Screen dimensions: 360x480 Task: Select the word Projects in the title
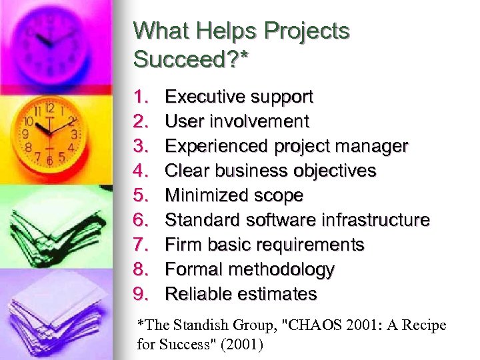coord(307,31)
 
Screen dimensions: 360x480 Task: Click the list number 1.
coord(141,97)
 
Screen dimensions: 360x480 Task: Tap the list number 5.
coord(141,196)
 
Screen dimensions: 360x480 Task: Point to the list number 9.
coord(141,294)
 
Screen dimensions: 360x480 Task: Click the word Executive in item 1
coord(203,97)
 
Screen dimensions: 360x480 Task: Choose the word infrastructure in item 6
coord(375,220)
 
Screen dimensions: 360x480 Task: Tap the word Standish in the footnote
coord(198,325)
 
